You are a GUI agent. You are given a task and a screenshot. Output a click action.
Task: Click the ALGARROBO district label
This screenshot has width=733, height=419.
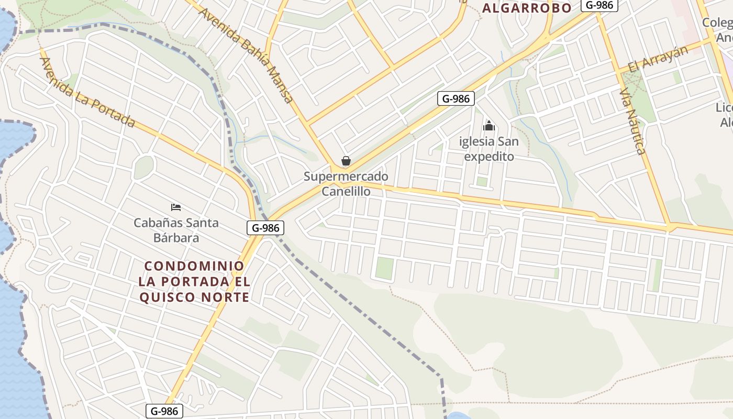click(x=526, y=8)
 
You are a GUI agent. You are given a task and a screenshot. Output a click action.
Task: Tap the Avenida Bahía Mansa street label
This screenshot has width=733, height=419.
click(x=246, y=55)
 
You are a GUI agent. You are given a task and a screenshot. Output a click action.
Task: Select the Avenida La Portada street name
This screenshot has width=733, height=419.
click(x=87, y=92)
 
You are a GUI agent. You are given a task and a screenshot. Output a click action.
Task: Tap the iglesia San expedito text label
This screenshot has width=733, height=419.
click(x=489, y=149)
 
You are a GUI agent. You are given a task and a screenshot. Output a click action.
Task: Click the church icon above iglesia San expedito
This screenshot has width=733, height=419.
click(x=489, y=126)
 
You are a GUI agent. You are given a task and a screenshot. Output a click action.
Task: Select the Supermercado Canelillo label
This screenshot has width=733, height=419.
click(x=346, y=184)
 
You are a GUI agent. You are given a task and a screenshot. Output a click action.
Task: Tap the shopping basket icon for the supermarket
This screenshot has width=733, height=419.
click(x=346, y=161)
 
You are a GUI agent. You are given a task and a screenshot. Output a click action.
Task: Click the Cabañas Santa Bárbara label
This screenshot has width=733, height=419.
click(x=176, y=230)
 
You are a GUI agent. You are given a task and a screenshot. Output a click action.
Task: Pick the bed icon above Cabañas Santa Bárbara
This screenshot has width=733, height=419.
click(x=176, y=208)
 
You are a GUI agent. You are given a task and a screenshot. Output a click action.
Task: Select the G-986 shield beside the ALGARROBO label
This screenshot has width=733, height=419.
click(x=599, y=5)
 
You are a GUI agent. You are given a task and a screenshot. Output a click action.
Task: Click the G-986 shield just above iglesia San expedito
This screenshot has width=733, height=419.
click(x=456, y=98)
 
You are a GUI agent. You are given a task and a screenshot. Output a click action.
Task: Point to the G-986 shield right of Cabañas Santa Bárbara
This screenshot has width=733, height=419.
click(x=265, y=228)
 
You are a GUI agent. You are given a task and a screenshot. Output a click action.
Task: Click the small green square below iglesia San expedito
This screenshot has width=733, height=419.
click(x=482, y=182)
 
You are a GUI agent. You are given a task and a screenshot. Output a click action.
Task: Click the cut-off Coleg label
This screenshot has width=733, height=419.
click(x=717, y=23)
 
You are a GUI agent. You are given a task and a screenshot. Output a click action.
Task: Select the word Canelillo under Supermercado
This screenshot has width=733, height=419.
click(x=346, y=192)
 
